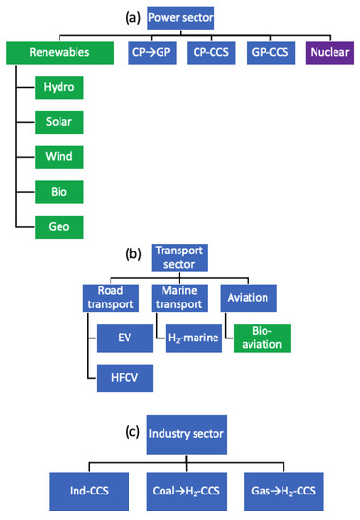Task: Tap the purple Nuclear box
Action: (x=328, y=53)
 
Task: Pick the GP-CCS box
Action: (x=268, y=53)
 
